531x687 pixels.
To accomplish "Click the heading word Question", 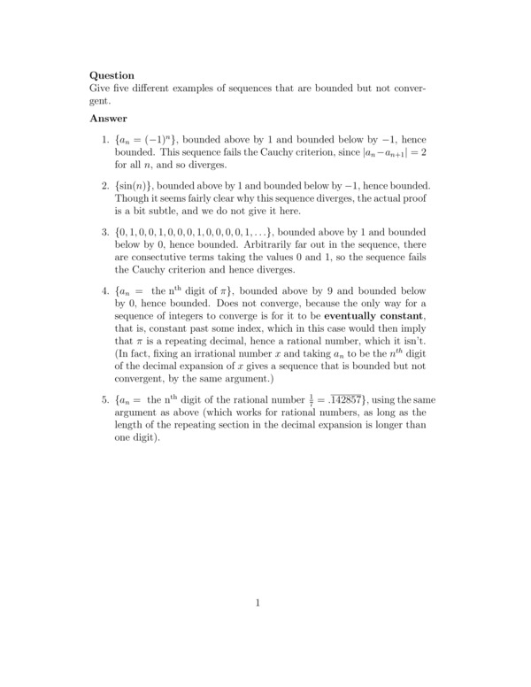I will pyautogui.click(x=112, y=75).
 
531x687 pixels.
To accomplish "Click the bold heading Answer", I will pyautogui.click(x=109, y=118).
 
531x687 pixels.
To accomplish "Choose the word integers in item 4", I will pyautogui.click(x=186, y=317).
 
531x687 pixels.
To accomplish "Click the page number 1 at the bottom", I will pyautogui.click(x=257, y=604).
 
